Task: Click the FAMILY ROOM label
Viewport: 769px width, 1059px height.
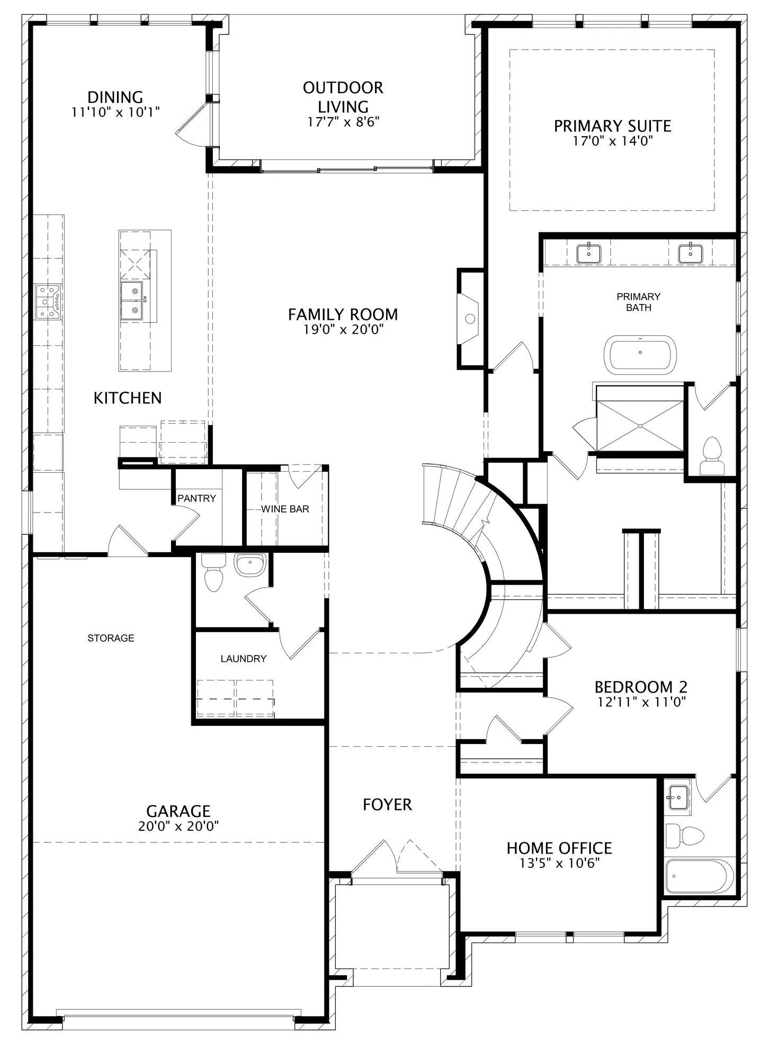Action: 343,315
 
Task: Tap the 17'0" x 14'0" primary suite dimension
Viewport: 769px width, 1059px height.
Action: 612,141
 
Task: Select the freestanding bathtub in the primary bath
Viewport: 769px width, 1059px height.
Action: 640,353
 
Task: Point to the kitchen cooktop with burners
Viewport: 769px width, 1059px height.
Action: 48,302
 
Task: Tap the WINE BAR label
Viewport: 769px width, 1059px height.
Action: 285,509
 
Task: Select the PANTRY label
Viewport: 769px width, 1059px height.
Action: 196,498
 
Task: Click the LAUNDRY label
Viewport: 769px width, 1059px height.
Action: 244,659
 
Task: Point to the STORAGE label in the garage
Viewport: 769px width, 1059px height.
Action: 111,638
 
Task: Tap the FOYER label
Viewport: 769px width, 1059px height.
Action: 387,805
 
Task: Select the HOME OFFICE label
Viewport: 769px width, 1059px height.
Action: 559,848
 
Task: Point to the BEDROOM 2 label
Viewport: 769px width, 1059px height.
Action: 641,687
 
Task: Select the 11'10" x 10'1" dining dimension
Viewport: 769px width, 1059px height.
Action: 115,112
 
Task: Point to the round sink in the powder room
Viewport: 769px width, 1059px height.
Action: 250,565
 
